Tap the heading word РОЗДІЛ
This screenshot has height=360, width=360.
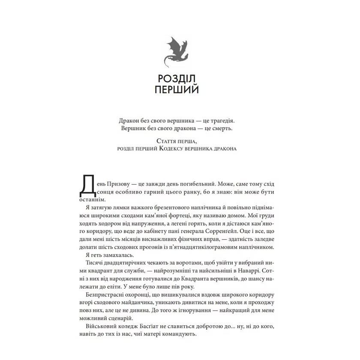click(177, 79)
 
